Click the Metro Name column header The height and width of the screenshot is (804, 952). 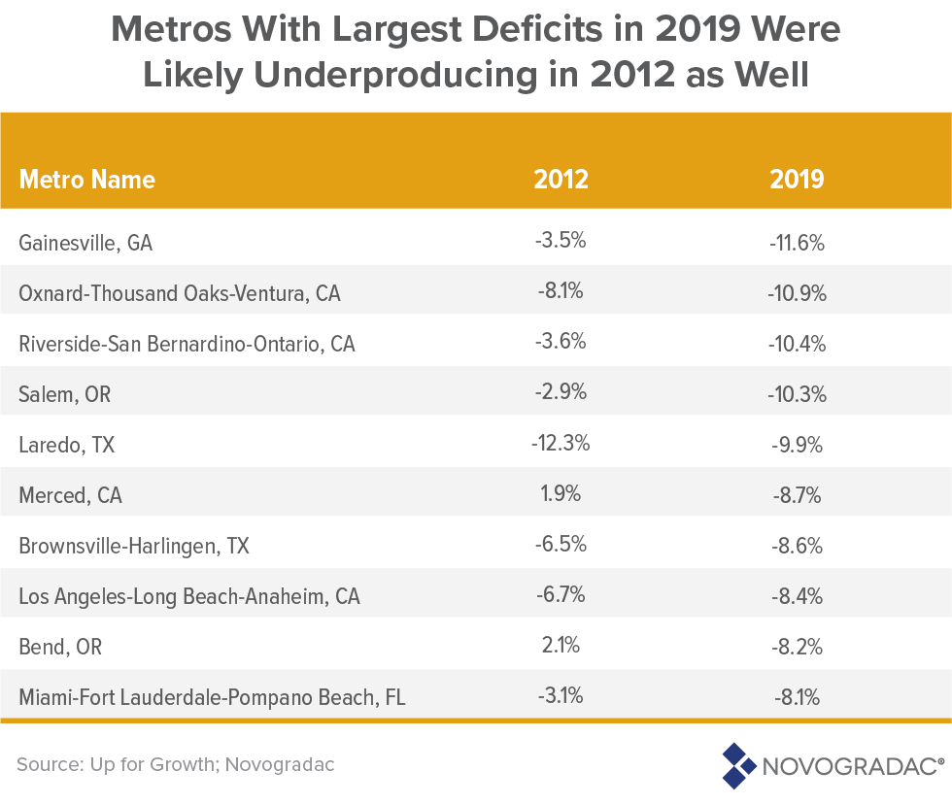[86, 180]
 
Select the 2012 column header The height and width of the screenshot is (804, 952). [561, 180]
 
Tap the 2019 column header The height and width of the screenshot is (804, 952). [797, 180]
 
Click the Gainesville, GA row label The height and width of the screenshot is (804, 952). [85, 243]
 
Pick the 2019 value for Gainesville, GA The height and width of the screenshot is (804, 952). [797, 243]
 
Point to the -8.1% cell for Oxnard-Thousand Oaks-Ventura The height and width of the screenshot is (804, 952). [561, 292]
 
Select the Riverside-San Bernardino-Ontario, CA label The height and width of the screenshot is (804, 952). [187, 344]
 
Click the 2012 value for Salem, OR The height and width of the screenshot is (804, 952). [561, 393]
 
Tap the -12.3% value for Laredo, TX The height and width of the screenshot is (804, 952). [561, 444]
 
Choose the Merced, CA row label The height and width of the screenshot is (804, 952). [70, 495]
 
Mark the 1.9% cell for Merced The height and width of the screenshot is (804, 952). [561, 494]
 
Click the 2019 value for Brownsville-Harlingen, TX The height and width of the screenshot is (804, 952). [797, 546]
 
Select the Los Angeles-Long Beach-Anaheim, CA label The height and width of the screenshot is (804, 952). [189, 596]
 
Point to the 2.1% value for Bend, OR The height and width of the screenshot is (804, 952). [561, 646]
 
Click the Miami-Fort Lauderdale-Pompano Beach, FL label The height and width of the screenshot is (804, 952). [212, 697]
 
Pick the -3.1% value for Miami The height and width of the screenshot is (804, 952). [561, 696]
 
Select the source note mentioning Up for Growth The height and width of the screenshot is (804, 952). [176, 764]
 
